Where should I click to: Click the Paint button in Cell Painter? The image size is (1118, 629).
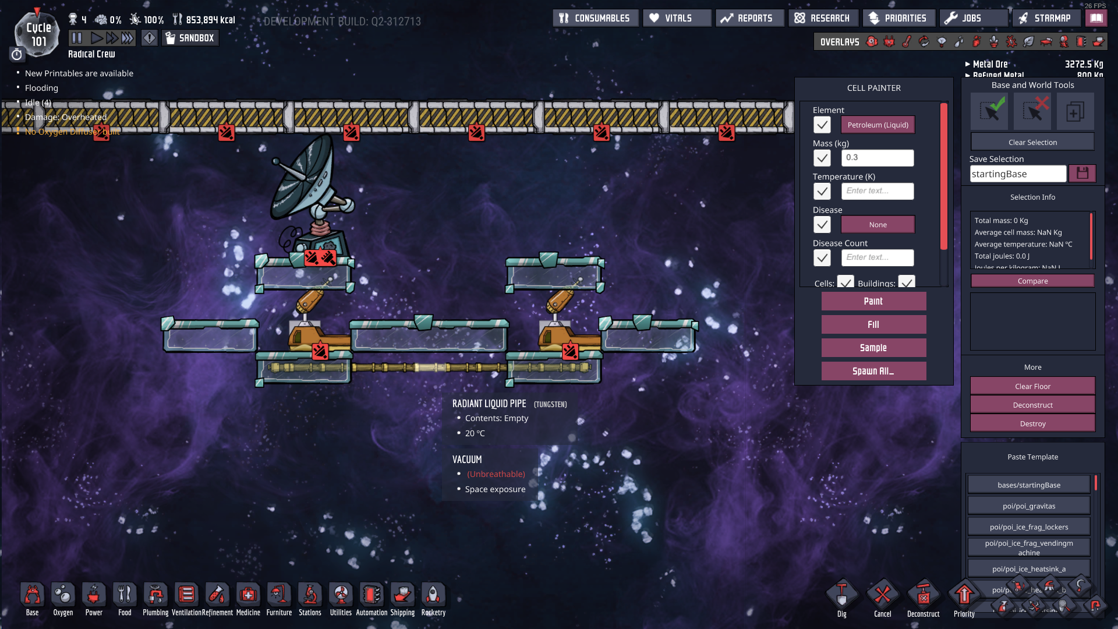[x=873, y=301]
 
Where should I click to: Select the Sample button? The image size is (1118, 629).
[x=873, y=348]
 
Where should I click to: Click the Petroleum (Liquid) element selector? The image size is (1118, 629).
[x=878, y=125]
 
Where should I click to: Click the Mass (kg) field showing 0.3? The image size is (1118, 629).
[x=878, y=158]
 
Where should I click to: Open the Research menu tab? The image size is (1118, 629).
[x=823, y=18]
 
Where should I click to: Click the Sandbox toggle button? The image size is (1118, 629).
[x=190, y=38]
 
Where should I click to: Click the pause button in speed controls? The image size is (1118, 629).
[x=77, y=38]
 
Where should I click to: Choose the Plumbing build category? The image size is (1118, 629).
[x=155, y=598]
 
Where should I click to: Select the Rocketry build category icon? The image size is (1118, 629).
[x=433, y=598]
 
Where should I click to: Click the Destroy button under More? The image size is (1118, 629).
[x=1032, y=423]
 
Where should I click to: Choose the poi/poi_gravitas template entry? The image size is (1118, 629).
[x=1028, y=506]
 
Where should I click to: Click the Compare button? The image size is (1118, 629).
[x=1032, y=281]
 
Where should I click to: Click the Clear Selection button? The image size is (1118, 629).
[x=1032, y=142]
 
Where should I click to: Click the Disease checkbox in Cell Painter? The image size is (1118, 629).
[x=822, y=225]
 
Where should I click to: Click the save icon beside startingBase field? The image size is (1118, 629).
[x=1082, y=174]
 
